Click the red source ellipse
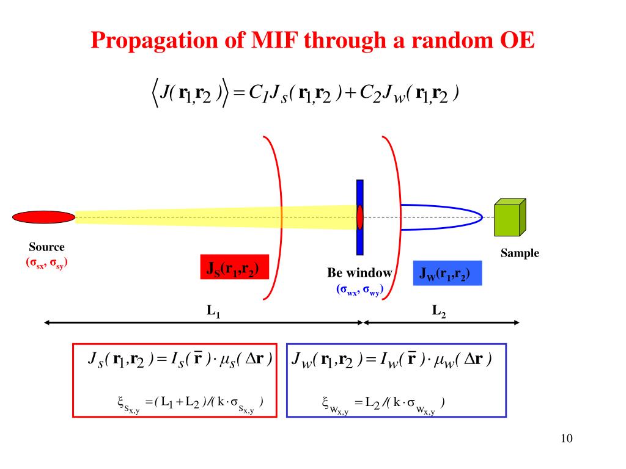43,217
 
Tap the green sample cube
509,218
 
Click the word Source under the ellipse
46,247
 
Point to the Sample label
520,253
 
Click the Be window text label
359,273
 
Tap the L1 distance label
213,311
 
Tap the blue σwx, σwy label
359,289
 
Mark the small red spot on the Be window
360,217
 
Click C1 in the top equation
257,93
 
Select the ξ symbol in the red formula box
121,401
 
